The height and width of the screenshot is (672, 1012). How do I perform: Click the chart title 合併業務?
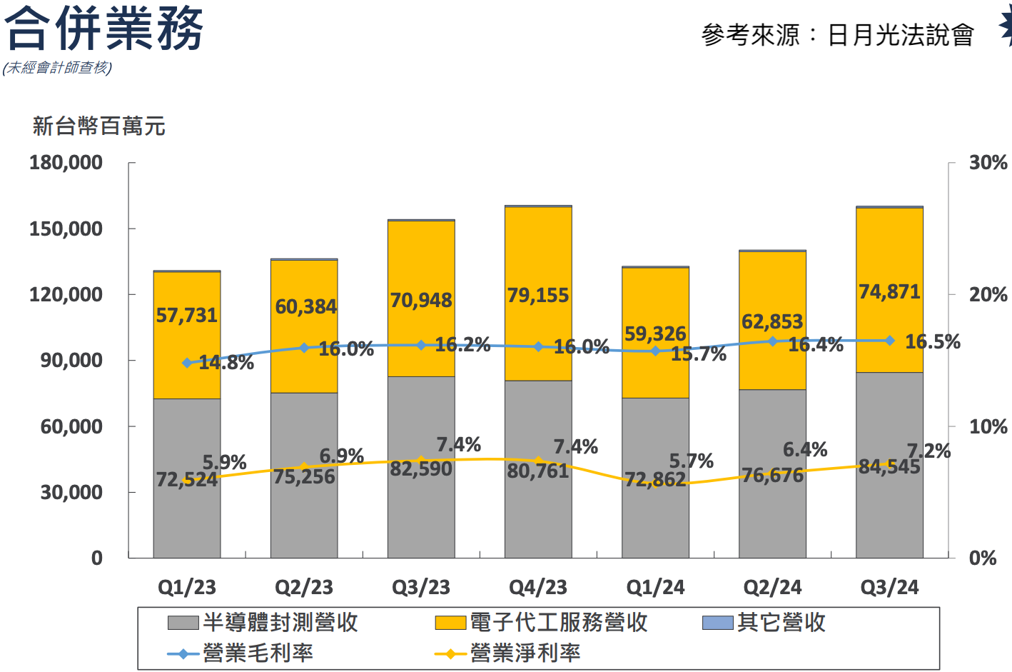point(104,29)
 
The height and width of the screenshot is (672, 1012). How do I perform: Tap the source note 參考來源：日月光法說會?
point(837,34)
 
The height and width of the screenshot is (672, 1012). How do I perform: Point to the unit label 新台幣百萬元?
point(98,126)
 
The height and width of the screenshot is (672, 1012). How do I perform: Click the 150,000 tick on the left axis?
point(66,229)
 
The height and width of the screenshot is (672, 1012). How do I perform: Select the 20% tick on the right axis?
point(988,294)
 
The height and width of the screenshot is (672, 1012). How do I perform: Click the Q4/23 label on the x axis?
point(537,587)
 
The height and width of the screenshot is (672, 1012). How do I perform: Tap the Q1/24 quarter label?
point(655,587)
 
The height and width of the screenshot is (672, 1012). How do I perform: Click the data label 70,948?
point(421,300)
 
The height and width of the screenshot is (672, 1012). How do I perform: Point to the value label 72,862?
point(655,479)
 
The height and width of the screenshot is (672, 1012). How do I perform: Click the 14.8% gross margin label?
point(226,363)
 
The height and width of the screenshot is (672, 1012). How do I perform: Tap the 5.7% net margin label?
point(691,461)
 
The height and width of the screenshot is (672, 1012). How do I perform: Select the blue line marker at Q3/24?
point(889,341)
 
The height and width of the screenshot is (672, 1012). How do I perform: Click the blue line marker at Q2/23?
point(304,348)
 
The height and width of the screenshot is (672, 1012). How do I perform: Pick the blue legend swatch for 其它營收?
point(717,623)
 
